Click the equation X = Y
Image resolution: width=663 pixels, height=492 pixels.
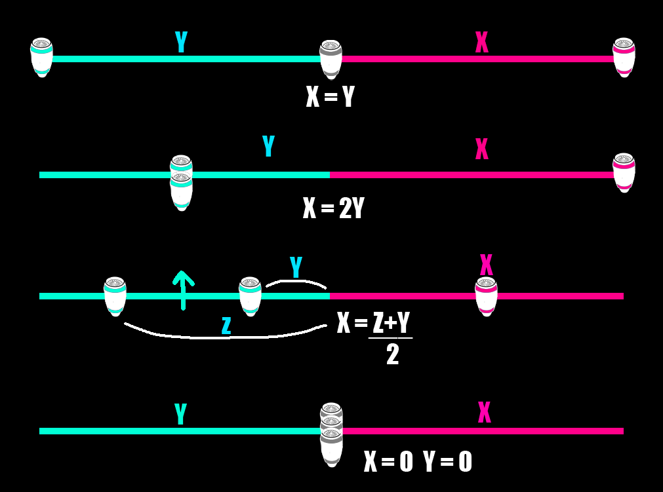(x=331, y=96)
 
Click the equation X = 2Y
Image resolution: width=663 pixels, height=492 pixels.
(x=333, y=208)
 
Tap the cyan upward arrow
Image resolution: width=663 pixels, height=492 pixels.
(x=183, y=290)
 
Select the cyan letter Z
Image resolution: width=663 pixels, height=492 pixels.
(x=226, y=325)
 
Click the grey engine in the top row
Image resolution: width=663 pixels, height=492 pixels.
(x=331, y=59)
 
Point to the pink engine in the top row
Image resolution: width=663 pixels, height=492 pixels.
(x=624, y=58)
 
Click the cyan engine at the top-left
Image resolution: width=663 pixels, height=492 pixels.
(x=41, y=58)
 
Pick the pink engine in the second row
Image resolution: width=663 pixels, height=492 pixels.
(x=624, y=173)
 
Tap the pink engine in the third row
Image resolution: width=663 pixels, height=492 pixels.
(x=486, y=297)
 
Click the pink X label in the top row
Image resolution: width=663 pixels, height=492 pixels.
(x=481, y=42)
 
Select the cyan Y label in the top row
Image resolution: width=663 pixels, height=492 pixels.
(x=182, y=42)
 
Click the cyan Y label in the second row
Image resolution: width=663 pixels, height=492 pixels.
(x=268, y=146)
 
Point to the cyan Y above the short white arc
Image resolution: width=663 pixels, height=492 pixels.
(x=296, y=267)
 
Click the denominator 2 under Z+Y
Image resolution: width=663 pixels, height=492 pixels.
(x=392, y=354)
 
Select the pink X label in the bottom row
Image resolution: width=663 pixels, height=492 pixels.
(x=484, y=412)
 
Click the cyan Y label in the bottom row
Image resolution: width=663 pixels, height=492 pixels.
(x=180, y=413)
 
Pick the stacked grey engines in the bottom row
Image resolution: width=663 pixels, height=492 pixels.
(x=332, y=434)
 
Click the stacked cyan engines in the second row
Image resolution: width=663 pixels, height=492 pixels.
(x=182, y=183)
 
